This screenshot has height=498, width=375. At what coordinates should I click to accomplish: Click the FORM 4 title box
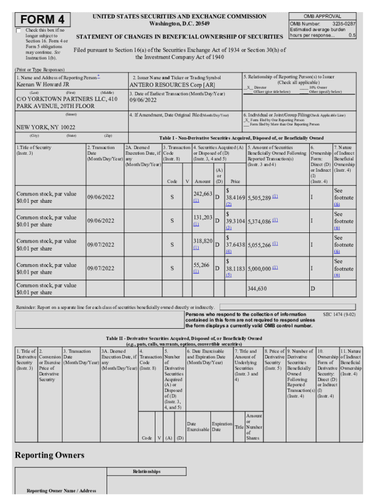42,20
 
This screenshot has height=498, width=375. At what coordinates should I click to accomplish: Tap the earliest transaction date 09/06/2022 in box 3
143,101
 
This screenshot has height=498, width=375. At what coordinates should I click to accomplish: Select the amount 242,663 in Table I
203,194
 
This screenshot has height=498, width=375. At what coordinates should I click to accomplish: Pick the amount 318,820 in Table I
203,241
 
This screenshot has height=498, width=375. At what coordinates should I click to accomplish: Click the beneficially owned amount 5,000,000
259,268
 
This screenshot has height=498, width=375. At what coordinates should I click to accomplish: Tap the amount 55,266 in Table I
201,265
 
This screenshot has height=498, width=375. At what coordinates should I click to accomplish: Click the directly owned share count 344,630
257,288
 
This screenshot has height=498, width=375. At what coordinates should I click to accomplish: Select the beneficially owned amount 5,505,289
259,197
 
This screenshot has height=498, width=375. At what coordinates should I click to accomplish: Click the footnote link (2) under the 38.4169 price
228,204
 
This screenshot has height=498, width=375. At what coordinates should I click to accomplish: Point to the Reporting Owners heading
49,455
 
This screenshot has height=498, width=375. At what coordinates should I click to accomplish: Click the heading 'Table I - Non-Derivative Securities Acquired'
241,138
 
